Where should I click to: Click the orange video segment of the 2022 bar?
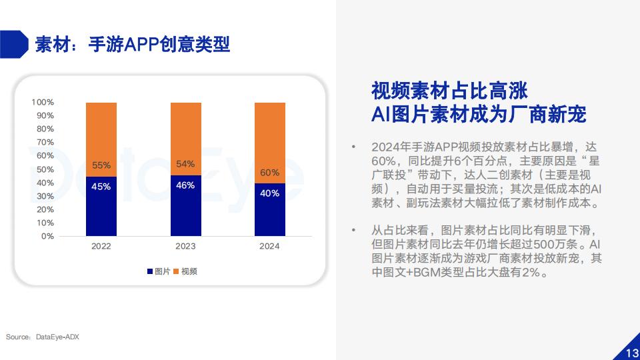pyautogui.click(x=101, y=139)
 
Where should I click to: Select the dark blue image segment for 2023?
pyautogui.click(x=186, y=206)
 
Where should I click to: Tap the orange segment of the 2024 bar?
pyautogui.click(x=270, y=143)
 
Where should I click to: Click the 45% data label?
pyautogui.click(x=101, y=187)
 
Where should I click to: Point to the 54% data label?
pyautogui.click(x=185, y=164)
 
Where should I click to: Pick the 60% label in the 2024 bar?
pyautogui.click(x=270, y=173)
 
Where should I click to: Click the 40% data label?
pyautogui.click(x=270, y=193)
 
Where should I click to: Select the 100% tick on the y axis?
pyautogui.click(x=43, y=102)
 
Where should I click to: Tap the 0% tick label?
pyautogui.click(x=47, y=236)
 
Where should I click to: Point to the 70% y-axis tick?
pyautogui.click(x=45, y=143)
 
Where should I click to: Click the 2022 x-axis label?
pyautogui.click(x=101, y=246)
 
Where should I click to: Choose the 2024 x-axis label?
pyautogui.click(x=269, y=246)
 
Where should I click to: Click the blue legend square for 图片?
pyautogui.click(x=150, y=271)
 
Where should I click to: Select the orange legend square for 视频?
pyautogui.click(x=176, y=271)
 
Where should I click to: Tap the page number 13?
pyautogui.click(x=633, y=353)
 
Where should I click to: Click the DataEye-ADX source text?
pyautogui.click(x=57, y=337)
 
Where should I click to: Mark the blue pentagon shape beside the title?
pyautogui.click(x=14, y=44)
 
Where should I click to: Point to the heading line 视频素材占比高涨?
pyautogui.click(x=449, y=91)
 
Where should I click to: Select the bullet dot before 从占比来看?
pyautogui.click(x=353, y=231)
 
